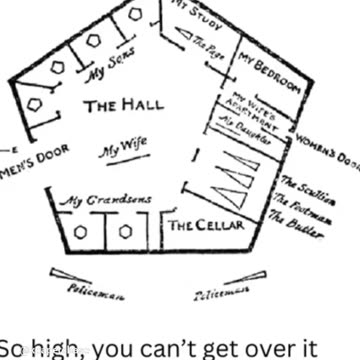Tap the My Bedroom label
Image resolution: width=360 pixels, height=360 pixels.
click(x=268, y=77)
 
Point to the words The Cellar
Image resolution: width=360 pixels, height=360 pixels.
click(x=206, y=226)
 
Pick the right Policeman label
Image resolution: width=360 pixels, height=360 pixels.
click(x=217, y=295)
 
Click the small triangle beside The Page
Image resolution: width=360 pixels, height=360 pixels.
click(x=184, y=37)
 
